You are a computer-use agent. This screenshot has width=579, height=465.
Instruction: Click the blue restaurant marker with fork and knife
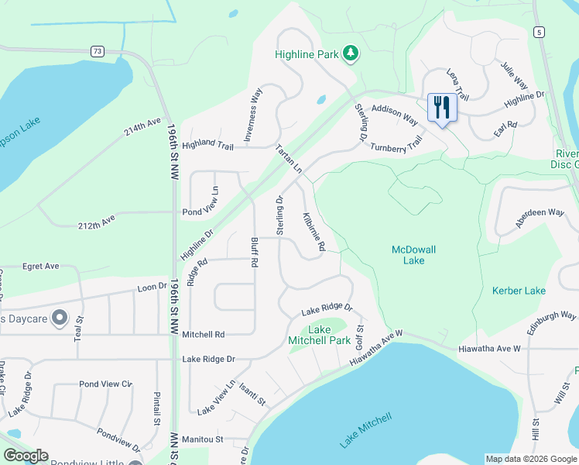(x=442, y=107)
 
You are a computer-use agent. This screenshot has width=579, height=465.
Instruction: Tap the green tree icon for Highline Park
(x=351, y=53)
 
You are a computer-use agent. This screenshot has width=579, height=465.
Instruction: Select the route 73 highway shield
(x=97, y=51)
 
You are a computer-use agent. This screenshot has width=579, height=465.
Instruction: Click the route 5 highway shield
(x=538, y=31)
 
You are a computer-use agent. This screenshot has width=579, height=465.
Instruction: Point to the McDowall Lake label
(x=408, y=255)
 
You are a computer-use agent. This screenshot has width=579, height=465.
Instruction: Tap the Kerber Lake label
(x=519, y=291)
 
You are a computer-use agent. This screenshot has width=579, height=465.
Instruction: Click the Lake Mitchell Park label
(x=319, y=335)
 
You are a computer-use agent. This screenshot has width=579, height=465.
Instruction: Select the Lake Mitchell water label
(x=365, y=431)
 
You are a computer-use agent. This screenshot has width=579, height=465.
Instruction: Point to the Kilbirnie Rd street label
(x=313, y=231)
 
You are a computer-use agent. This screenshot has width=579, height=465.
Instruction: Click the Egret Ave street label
(x=40, y=266)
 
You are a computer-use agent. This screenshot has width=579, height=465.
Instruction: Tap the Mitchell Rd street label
(x=203, y=334)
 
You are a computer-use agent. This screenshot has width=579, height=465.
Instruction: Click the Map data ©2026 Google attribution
(x=530, y=459)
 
